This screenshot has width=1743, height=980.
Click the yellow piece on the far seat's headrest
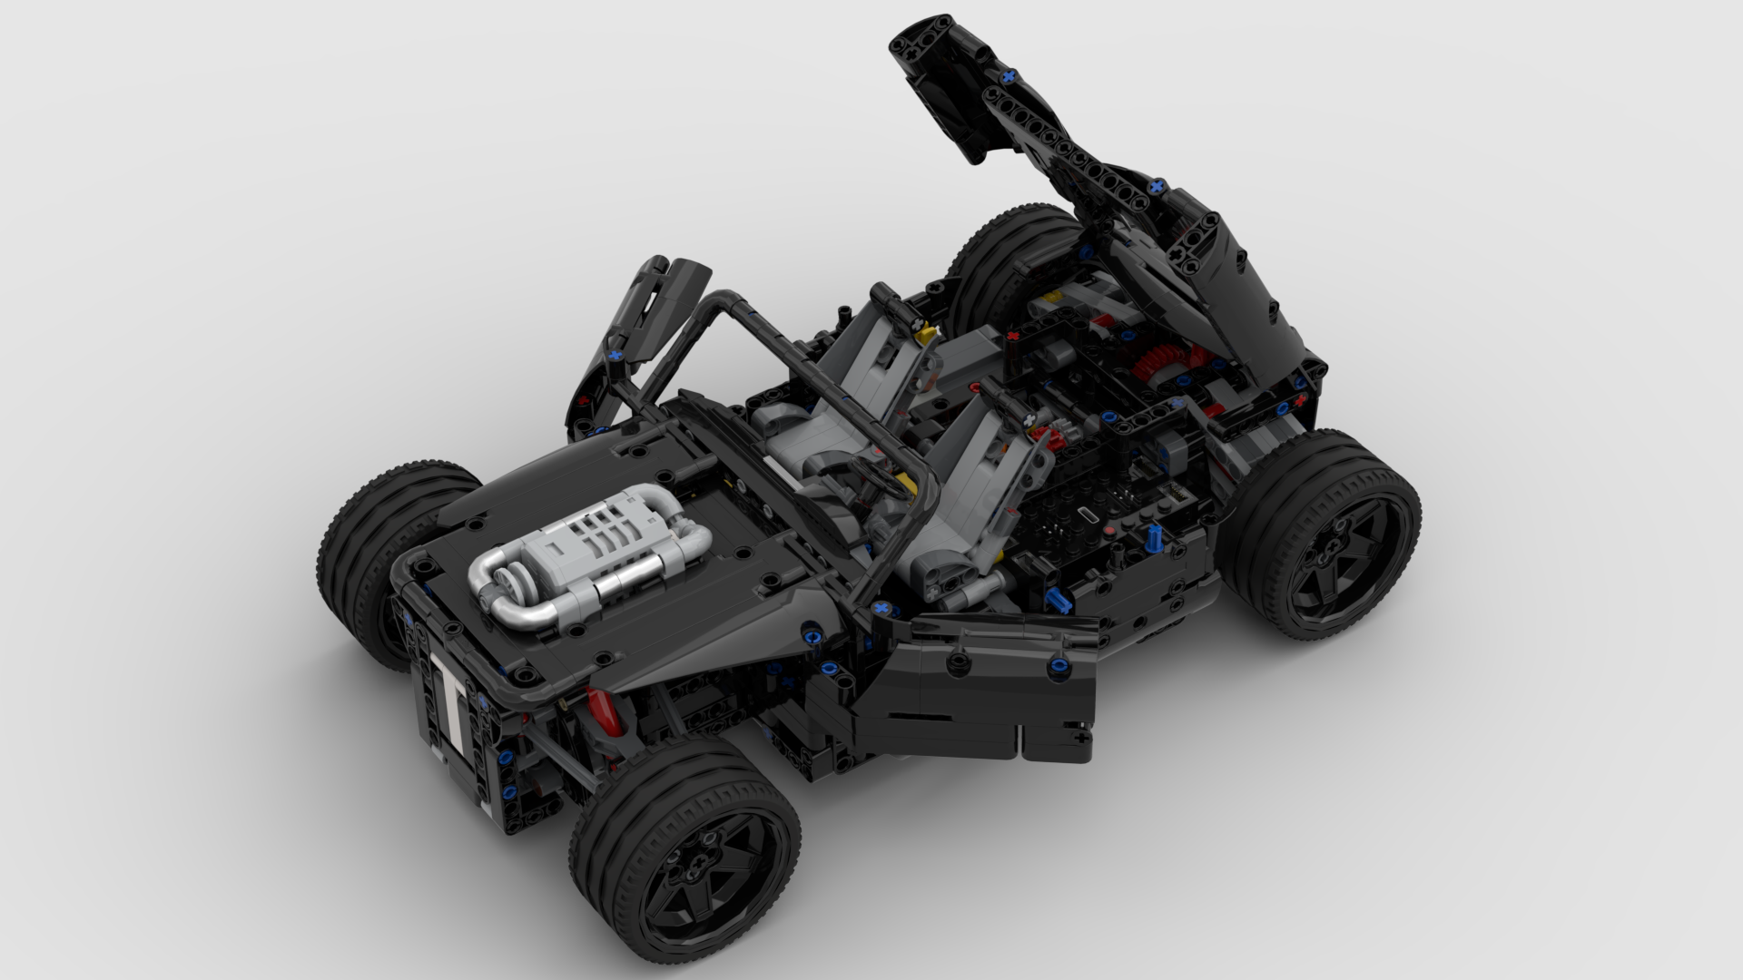[x=927, y=336]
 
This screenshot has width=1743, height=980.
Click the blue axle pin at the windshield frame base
[x=879, y=607]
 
